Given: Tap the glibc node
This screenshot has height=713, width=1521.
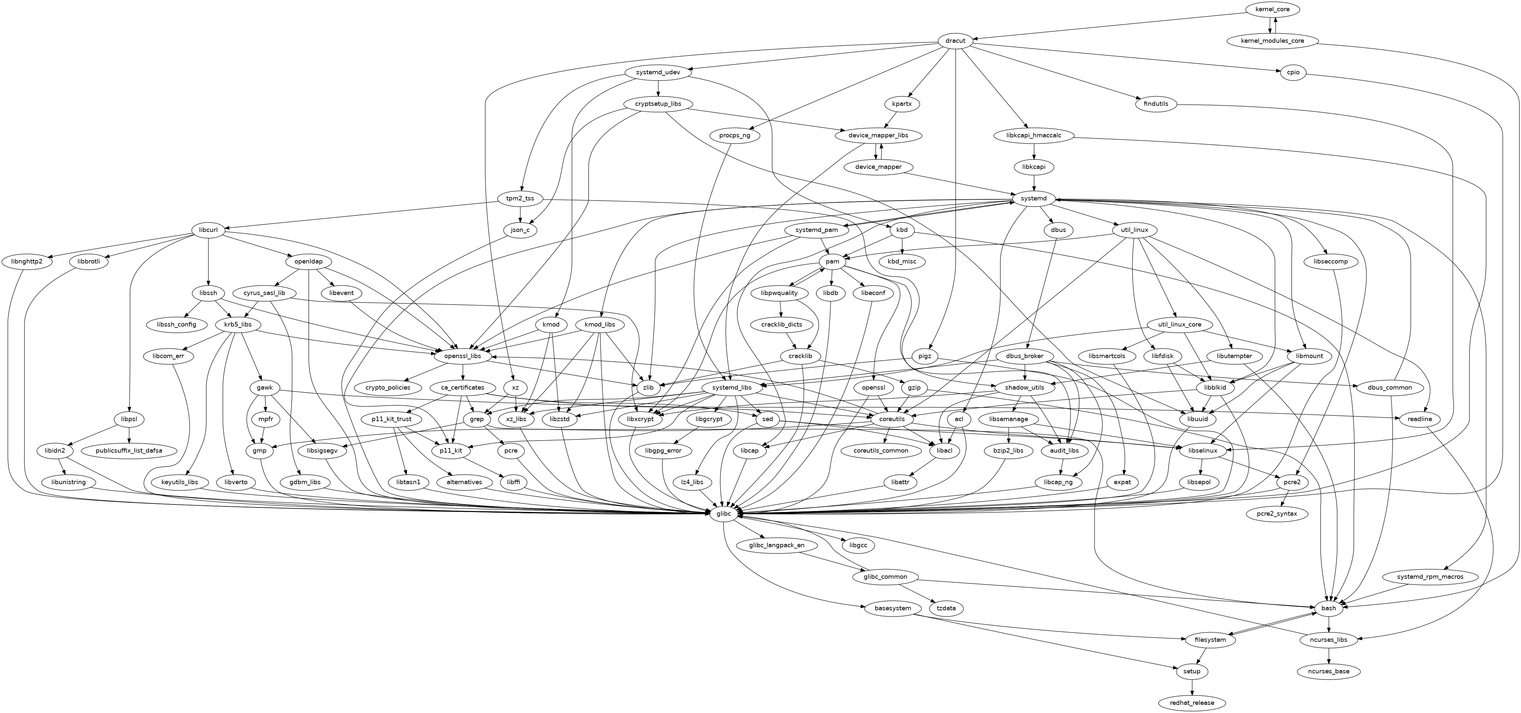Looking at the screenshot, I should [724, 514].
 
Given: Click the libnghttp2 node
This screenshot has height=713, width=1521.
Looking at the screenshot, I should [31, 261].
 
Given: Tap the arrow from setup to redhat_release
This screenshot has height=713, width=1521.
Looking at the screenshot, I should [1192, 687].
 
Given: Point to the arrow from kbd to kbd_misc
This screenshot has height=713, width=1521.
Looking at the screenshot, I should [902, 246].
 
